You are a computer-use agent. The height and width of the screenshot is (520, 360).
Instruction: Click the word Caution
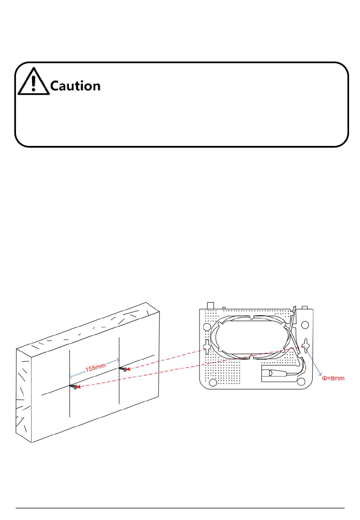tap(75, 86)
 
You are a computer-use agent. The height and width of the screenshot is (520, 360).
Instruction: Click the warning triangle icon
tap(34, 81)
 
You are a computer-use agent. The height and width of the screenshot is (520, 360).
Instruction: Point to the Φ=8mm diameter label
tap(333, 378)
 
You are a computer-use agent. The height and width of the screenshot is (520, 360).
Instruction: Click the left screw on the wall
tap(74, 386)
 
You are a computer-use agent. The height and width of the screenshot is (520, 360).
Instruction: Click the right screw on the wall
tap(123, 369)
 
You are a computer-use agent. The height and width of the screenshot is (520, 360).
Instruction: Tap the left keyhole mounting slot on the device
tap(207, 346)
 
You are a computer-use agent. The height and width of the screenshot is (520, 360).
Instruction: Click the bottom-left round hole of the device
tap(213, 382)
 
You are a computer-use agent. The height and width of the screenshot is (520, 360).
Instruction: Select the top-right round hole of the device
tap(305, 325)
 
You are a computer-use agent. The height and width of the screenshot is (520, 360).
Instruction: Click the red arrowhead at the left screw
tap(79, 387)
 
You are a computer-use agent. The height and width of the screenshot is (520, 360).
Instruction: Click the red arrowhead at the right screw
tap(128, 368)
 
